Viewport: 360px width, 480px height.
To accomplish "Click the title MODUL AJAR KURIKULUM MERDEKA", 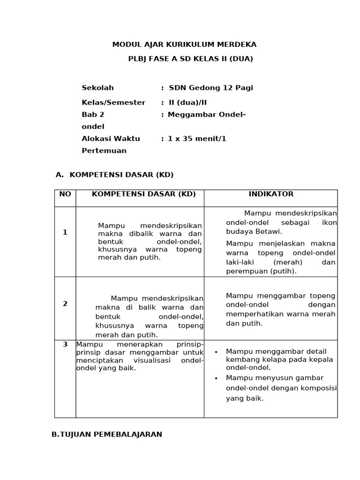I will (x=184, y=45).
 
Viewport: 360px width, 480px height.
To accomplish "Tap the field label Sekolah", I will (x=97, y=88).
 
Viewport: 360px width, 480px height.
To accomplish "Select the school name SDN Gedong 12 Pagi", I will (x=210, y=88).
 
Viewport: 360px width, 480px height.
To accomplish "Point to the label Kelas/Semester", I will (x=113, y=102).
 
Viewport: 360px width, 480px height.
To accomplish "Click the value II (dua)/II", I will (x=187, y=102).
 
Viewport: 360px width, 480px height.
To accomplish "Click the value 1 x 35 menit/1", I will (x=197, y=139).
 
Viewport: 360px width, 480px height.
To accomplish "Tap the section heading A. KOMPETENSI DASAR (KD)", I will (x=114, y=175).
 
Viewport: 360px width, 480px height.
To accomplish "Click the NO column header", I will (x=65, y=194).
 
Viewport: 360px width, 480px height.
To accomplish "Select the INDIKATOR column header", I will (x=271, y=194).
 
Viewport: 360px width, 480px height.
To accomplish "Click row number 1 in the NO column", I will (x=65, y=232).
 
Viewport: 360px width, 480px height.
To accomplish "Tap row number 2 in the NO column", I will (x=65, y=304).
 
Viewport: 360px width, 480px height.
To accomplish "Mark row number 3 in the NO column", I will (x=65, y=345).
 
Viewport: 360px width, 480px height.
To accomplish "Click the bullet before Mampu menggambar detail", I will (x=216, y=352).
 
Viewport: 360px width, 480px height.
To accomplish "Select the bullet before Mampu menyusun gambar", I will (x=216, y=378).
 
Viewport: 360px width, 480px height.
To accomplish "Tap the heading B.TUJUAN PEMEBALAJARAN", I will (x=107, y=435).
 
